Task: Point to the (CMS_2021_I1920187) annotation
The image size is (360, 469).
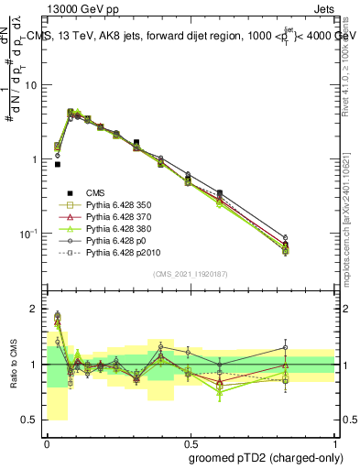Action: point(190,273)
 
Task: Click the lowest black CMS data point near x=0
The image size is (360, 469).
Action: point(58,165)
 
